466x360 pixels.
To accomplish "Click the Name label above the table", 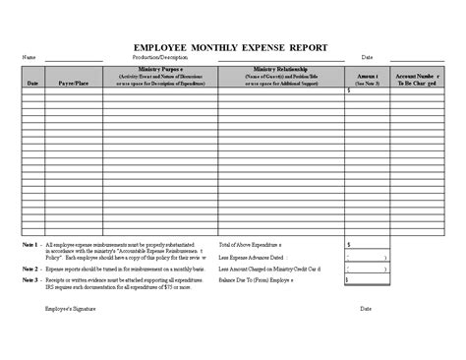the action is point(29,57).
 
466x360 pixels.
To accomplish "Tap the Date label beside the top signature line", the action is point(366,57).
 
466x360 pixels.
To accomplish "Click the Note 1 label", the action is point(29,241).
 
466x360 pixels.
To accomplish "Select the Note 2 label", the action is point(29,268).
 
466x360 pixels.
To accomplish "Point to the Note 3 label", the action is point(29,279).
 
